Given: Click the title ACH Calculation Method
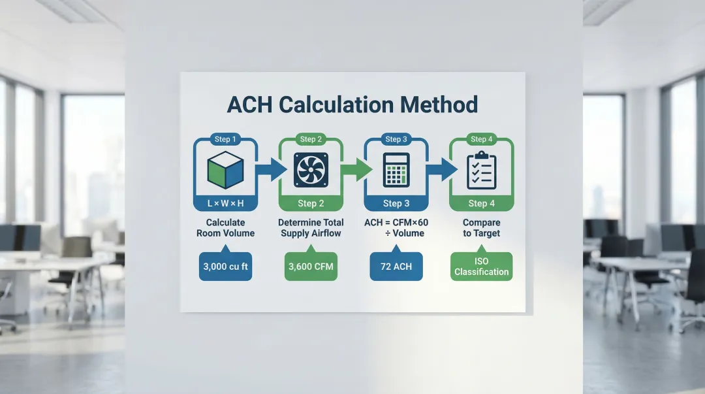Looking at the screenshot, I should pos(352,105).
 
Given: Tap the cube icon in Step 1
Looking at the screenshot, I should pos(226,170).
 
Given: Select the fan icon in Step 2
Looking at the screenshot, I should pos(311,170).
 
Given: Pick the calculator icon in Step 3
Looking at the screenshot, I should pos(396,170).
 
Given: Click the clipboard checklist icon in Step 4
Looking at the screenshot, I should pos(481,170).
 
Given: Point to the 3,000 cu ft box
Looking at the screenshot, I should pos(226,267).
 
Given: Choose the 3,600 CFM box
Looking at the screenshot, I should pos(311,267).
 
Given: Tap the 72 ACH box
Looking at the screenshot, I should pos(396,267).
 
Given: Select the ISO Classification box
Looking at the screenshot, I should pos(481,267).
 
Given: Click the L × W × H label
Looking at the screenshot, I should pos(226,203).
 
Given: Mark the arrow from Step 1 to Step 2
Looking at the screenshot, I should pos(269,171).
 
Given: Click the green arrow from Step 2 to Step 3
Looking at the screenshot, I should pos(354,171).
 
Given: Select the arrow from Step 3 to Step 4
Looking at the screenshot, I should pos(439,171).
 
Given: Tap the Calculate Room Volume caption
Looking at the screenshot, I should pos(226,228).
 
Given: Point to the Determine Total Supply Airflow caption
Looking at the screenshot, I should pos(311,228).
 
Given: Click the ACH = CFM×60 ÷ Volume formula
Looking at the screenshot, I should pos(396,228).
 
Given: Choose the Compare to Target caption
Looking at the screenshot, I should pos(481,228).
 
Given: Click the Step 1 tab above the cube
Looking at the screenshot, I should pos(226,139).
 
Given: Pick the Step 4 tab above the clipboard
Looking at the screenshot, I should pos(482,139).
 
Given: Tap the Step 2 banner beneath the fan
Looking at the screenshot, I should pos(311,203).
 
